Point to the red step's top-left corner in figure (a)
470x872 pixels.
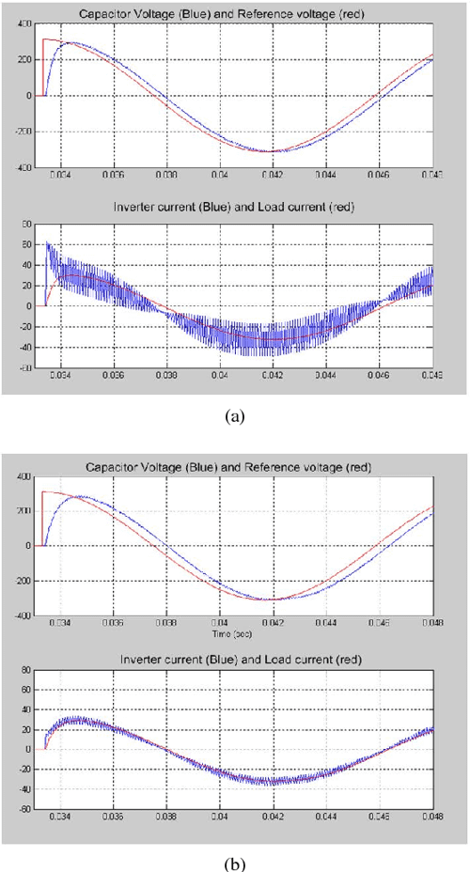point(43,39)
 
